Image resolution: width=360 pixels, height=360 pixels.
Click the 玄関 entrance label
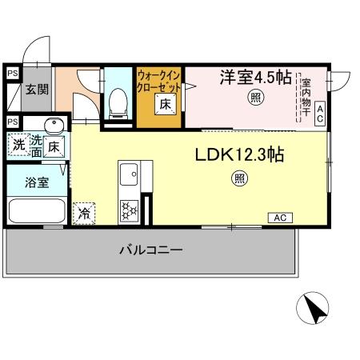click(x=36, y=90)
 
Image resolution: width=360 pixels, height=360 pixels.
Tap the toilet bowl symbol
click(x=118, y=100)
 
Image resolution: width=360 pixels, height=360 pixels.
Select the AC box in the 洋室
click(x=319, y=113)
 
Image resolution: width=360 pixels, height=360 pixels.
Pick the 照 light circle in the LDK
click(x=239, y=179)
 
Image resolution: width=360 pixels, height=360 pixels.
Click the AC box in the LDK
click(x=280, y=217)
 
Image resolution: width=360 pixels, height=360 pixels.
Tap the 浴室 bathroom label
click(x=36, y=182)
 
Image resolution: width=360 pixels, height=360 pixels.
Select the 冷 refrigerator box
click(x=83, y=213)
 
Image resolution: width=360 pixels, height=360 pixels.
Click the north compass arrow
click(x=314, y=309)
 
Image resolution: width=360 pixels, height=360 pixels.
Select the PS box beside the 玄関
click(x=12, y=74)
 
